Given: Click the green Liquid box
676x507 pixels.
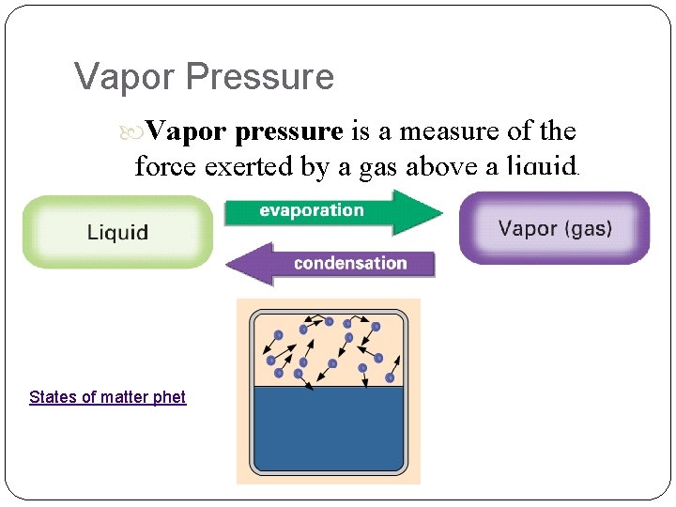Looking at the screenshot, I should (x=117, y=232).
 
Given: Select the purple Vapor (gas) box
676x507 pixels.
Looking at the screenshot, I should (x=554, y=228).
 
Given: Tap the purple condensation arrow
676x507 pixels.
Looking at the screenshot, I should (x=330, y=263).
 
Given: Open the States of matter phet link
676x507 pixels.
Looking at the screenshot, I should (x=107, y=397).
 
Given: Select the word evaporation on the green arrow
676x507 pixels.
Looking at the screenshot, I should (x=312, y=210).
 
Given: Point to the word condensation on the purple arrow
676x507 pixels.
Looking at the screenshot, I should (x=350, y=263).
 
